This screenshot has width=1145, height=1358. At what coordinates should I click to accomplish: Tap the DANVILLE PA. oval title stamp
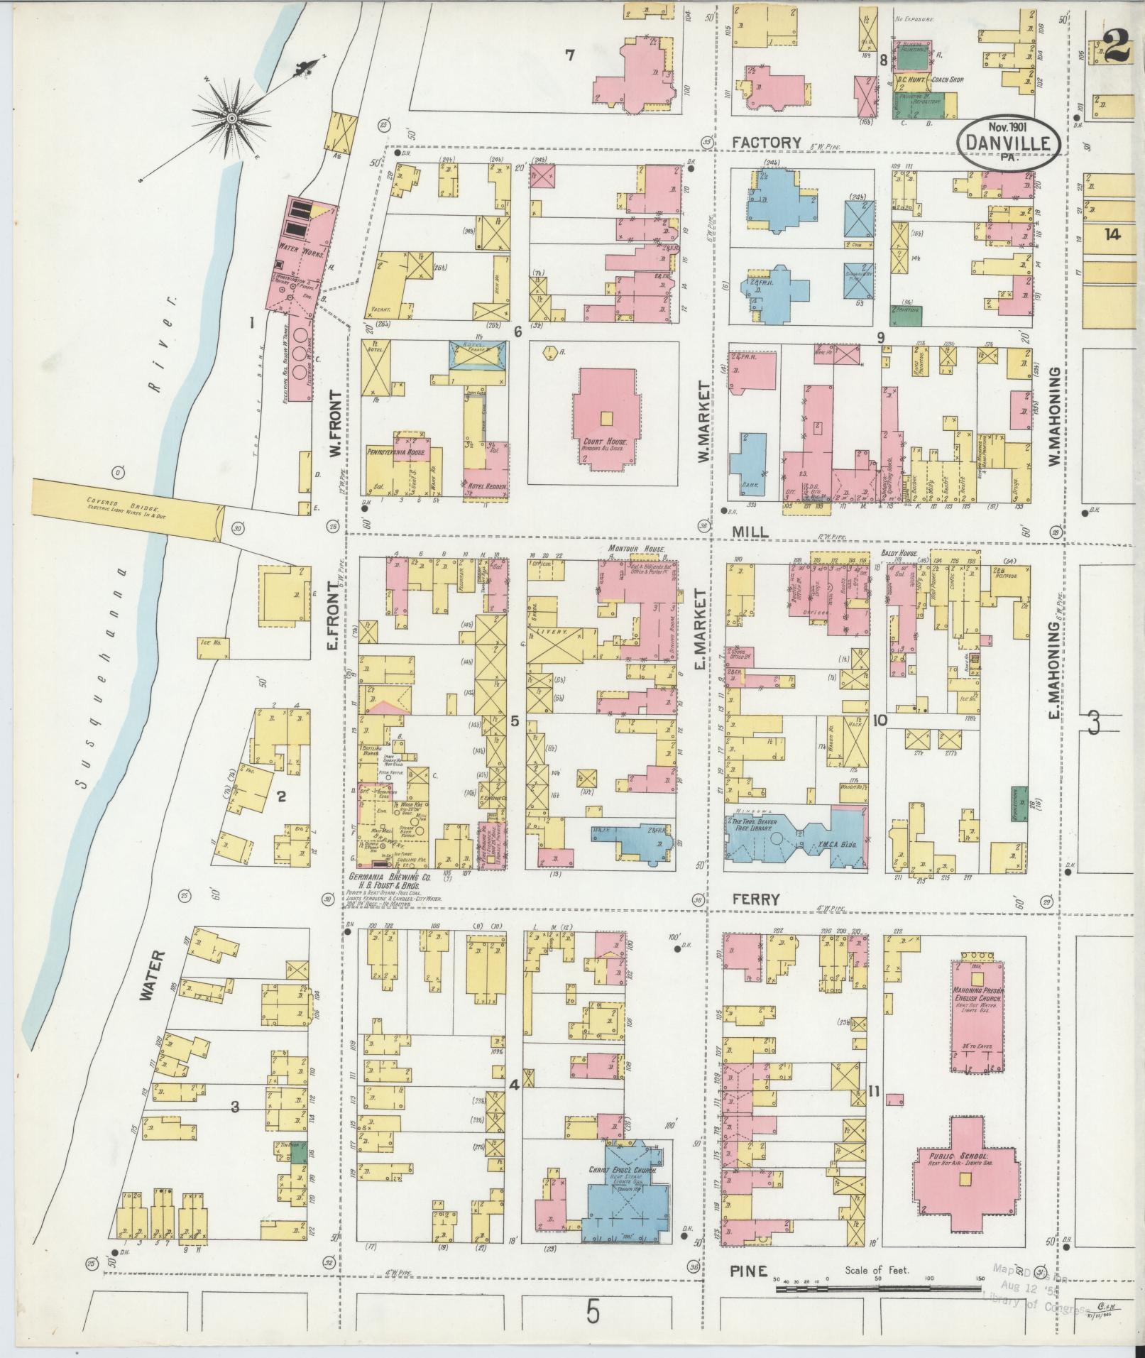1009,141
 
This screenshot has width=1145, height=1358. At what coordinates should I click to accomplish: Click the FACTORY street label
766,143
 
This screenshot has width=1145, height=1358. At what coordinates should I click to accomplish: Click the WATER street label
150,976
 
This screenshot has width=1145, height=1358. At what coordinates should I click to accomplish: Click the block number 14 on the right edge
1111,234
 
